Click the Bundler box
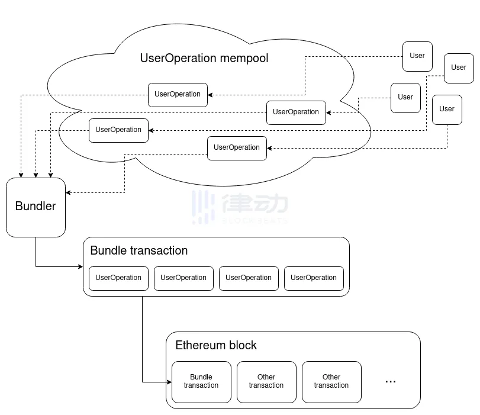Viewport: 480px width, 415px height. click(x=36, y=207)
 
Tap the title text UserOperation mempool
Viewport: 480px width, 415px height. click(x=204, y=58)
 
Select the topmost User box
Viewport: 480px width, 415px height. click(x=417, y=56)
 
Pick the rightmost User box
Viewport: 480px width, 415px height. click(x=459, y=68)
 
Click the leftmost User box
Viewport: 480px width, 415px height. click(x=405, y=98)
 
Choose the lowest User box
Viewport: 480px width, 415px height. click(x=447, y=110)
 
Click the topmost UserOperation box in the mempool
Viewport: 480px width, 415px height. click(x=178, y=95)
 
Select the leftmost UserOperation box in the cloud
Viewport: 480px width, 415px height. click(x=118, y=130)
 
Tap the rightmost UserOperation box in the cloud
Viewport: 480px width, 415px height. click(x=296, y=112)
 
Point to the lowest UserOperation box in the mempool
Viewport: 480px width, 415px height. click(x=237, y=148)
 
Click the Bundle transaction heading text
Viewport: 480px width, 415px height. click(x=138, y=250)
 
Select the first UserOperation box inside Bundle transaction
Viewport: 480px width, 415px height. click(x=118, y=278)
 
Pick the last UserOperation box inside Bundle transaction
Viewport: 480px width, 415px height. click(x=314, y=278)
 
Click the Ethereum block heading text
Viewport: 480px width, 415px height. click(x=215, y=345)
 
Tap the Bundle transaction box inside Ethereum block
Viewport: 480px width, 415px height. click(x=201, y=382)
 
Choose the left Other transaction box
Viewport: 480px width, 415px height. click(x=266, y=382)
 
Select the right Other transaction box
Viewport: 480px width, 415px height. click(x=331, y=382)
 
